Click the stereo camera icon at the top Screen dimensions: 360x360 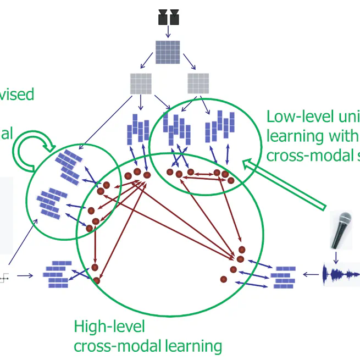[x=169, y=18]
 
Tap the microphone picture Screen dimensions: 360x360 [x=340, y=230]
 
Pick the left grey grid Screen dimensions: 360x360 [x=140, y=83]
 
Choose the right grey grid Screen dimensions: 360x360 [x=198, y=83]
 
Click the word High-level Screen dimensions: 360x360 [x=109, y=327]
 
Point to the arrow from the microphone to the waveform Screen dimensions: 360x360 [x=337, y=256]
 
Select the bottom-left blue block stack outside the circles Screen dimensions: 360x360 [x=56, y=273]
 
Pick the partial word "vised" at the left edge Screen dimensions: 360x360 [x=16, y=94]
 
